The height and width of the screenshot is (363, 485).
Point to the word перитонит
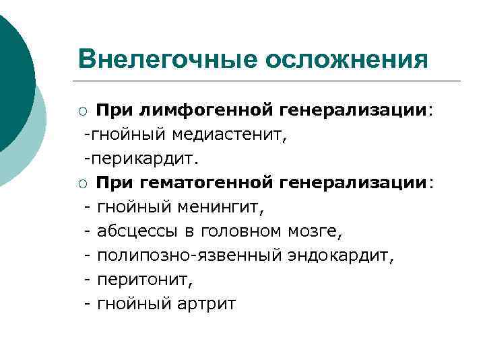point(135,280)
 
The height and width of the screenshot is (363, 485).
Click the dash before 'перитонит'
point(88,280)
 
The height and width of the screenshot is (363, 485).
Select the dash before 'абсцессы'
point(88,232)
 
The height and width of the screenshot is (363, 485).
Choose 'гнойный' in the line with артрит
point(135,304)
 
